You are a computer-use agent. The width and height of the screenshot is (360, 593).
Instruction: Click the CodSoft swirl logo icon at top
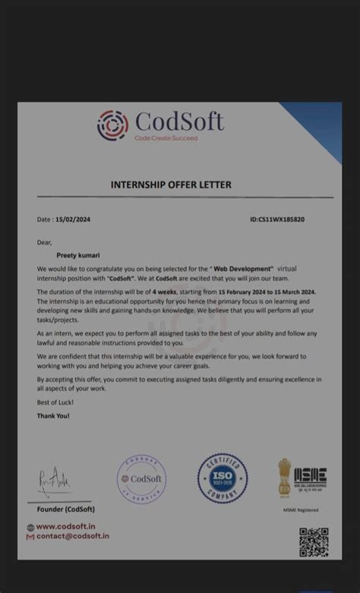coord(112,125)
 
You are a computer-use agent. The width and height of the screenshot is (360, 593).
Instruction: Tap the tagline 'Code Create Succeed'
coord(166,138)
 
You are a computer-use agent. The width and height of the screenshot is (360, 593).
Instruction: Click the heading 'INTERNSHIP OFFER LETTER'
coord(171,185)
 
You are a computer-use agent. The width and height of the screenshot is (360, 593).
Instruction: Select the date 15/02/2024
coord(73,219)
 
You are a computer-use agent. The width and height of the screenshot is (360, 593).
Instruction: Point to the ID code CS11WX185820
coord(277,219)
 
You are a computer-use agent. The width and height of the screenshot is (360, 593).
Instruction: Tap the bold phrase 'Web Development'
coord(242,269)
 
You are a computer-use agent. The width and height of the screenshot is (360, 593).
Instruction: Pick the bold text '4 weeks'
coord(165,292)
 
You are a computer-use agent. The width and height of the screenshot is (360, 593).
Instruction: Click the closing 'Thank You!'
coord(53,416)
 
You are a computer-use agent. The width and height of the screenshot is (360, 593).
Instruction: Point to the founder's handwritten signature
coord(55,481)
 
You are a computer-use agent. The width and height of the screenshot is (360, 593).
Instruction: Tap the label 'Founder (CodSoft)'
coord(66,509)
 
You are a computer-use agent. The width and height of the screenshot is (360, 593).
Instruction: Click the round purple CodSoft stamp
coord(141,478)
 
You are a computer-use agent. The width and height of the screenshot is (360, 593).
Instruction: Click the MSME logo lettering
coord(310,477)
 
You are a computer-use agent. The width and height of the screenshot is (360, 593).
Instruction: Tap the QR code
coord(313,542)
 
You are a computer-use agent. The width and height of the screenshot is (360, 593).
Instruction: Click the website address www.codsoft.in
coord(65,526)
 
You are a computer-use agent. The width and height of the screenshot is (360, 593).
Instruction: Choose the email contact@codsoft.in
coord(72,536)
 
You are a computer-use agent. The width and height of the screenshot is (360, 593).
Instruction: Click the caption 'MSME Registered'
coord(301,510)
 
